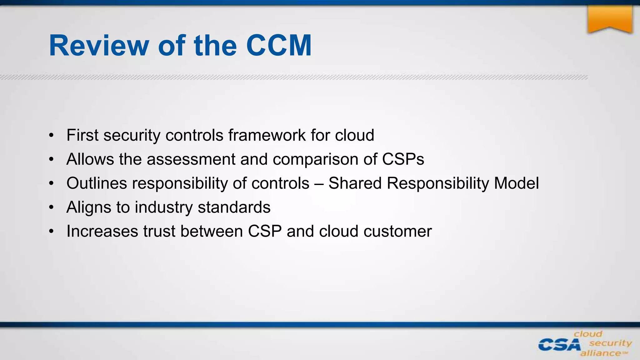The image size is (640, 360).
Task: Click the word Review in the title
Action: [99, 46]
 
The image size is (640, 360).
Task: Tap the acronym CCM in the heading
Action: [279, 46]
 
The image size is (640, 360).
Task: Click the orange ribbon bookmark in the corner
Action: [610, 19]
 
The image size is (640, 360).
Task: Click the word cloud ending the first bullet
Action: [354, 135]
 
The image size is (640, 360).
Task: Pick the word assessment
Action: [191, 159]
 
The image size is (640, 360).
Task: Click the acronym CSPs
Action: [403, 159]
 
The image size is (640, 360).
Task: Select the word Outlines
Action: [97, 183]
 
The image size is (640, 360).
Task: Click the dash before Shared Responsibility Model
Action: [319, 184]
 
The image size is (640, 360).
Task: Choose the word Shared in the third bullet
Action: [355, 183]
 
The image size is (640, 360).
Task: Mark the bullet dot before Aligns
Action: [51, 207]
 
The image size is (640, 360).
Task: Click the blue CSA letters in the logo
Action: [559, 345]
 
